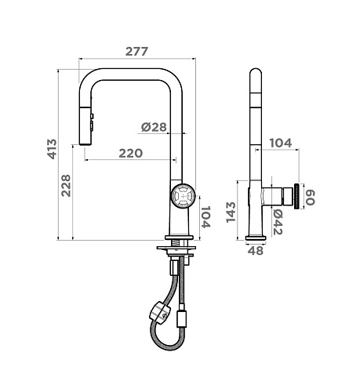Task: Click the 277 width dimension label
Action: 136,52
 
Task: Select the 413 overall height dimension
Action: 52,149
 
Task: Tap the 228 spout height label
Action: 66,186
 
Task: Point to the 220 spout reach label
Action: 131,153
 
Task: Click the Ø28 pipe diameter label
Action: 154,127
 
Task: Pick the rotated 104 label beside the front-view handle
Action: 205,217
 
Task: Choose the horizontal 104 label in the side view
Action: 280,143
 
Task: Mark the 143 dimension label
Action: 231,212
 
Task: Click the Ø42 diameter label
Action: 278,223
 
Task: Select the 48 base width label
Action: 256,251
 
